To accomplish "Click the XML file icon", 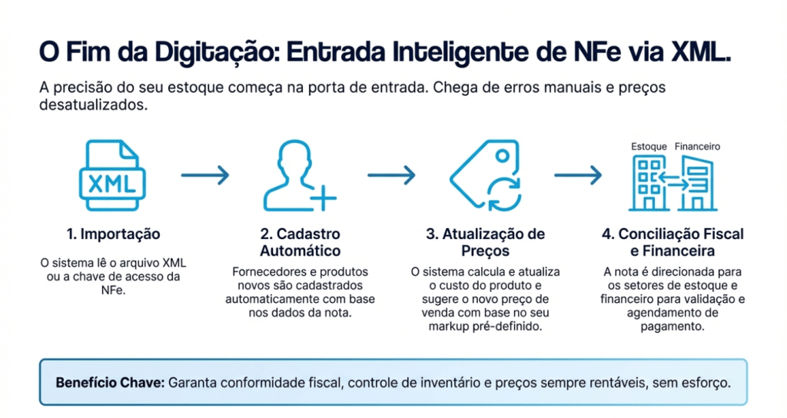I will click(x=112, y=176).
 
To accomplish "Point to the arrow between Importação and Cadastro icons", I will click(x=205, y=175).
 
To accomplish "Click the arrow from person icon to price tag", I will click(x=391, y=175).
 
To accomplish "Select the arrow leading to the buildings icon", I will click(x=578, y=175).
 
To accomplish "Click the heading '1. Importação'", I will click(x=113, y=234).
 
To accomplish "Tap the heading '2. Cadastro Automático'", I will click(x=300, y=242).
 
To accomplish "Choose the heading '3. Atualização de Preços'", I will click(x=486, y=242).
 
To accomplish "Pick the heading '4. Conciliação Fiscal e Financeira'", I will click(x=672, y=242).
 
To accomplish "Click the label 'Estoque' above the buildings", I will click(x=648, y=146).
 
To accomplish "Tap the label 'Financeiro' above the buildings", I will click(x=697, y=146).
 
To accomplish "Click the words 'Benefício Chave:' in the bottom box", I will click(x=110, y=382).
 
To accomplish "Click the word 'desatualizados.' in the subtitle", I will click(x=92, y=105).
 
